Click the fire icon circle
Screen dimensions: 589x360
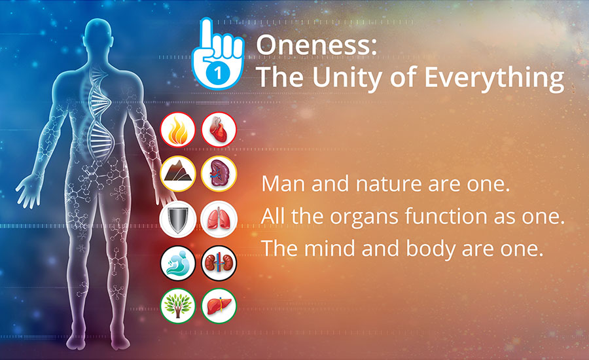(177, 130)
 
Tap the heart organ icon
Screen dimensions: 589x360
(219, 130)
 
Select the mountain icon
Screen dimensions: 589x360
(177, 173)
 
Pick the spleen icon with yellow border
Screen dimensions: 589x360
(219, 173)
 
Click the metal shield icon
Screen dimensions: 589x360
(177, 219)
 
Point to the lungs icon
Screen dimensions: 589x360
(219, 219)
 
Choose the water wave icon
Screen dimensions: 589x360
(177, 263)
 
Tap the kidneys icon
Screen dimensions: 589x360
(219, 263)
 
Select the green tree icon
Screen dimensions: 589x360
(177, 306)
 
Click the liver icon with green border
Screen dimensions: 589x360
(219, 306)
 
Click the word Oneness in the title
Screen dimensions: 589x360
(316, 45)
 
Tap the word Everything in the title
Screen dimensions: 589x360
(494, 78)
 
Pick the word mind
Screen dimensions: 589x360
(329, 249)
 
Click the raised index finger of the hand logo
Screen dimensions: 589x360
(206, 37)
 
